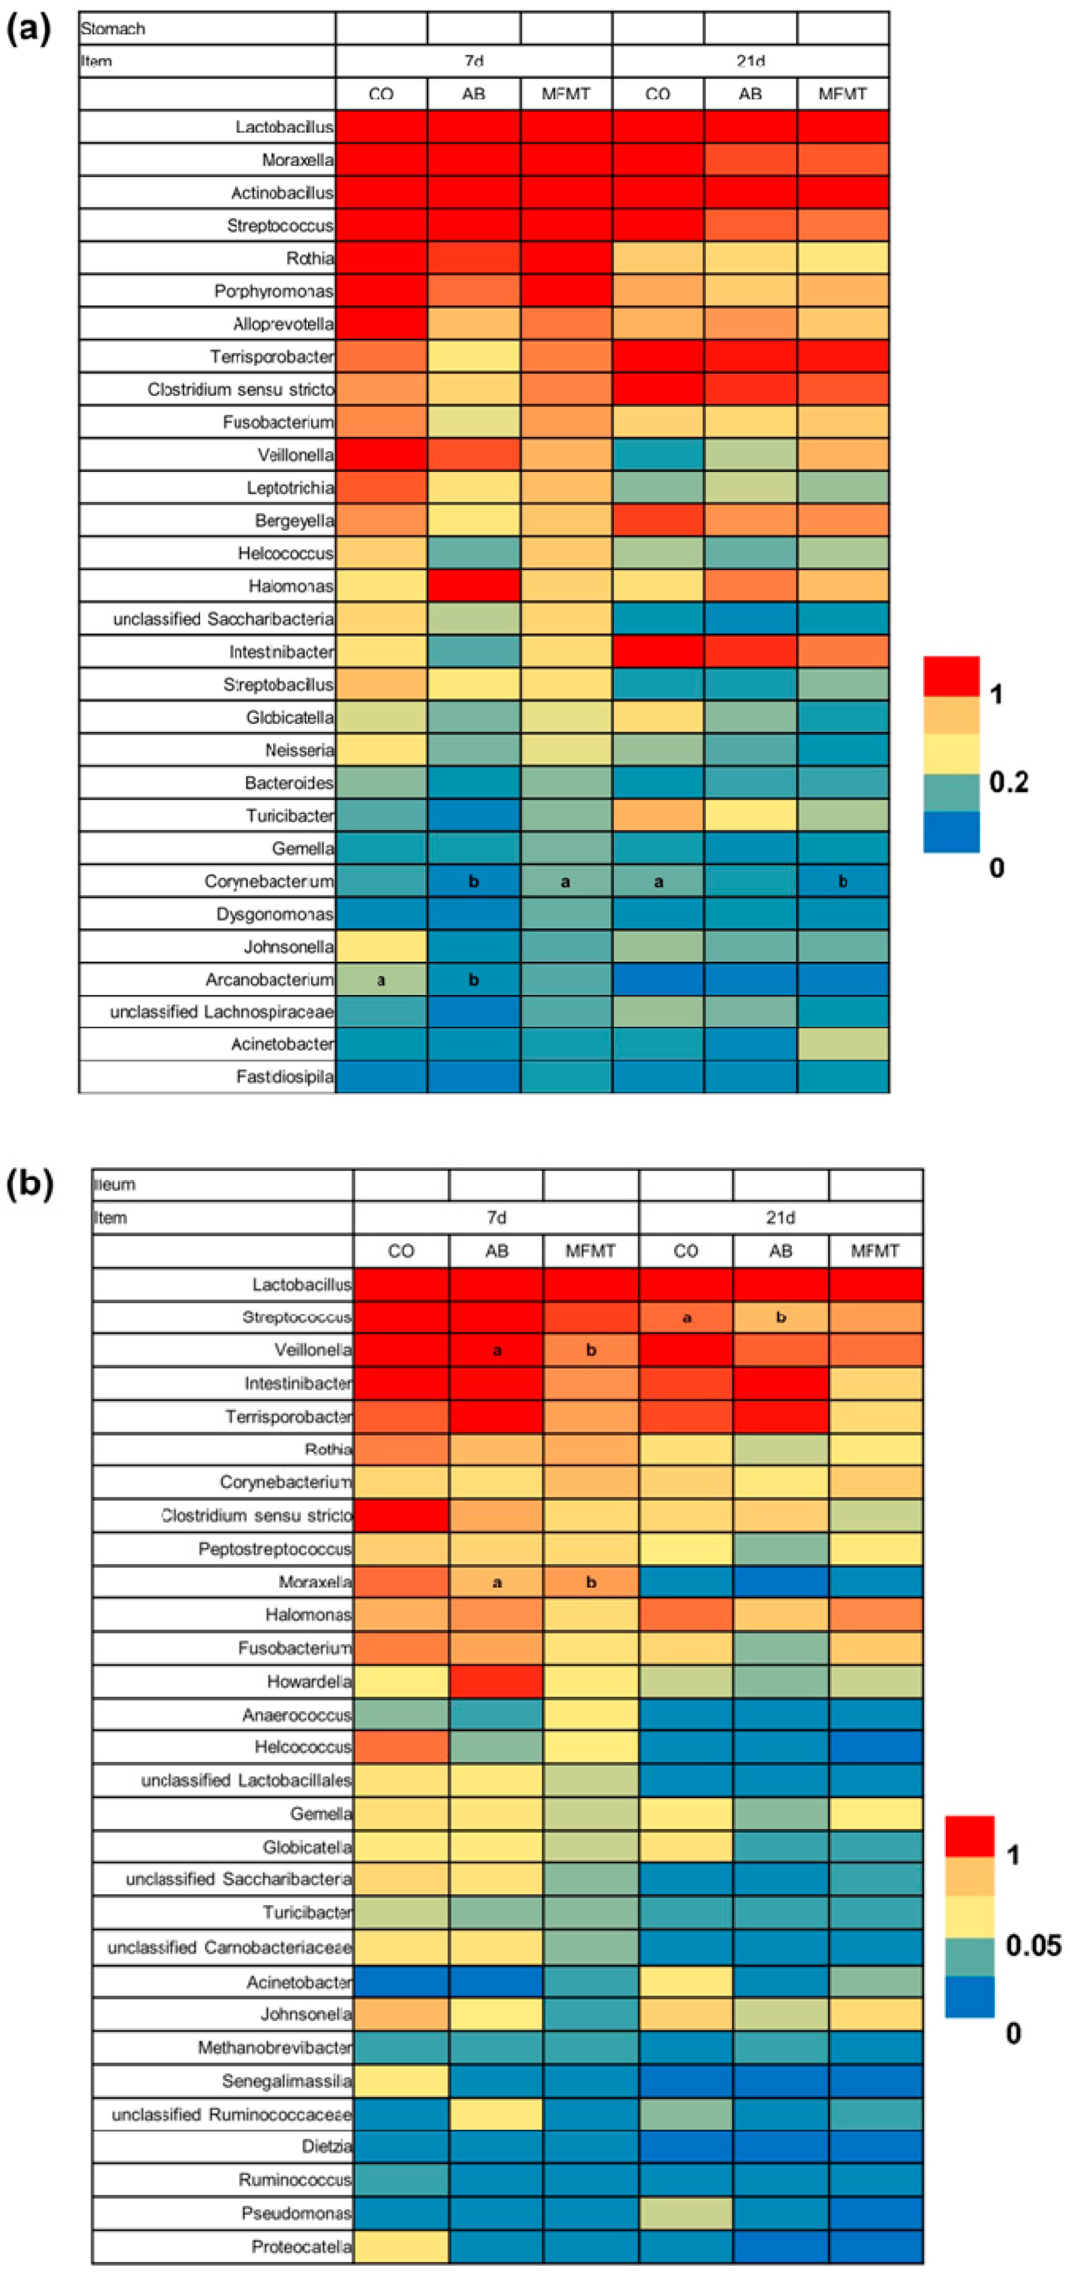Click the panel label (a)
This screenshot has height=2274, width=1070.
(28, 29)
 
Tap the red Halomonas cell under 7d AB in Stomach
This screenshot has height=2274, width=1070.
(473, 585)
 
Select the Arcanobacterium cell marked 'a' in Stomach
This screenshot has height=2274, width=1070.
(381, 979)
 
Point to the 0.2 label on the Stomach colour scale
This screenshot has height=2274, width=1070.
(1008, 781)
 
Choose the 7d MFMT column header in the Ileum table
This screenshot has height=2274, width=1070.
(590, 1251)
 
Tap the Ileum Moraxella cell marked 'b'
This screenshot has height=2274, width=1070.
(590, 1582)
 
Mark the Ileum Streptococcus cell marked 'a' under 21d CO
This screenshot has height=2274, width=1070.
(686, 1317)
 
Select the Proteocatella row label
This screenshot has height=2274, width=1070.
(301, 2247)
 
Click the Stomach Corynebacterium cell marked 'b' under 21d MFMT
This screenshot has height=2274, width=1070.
(842, 881)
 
